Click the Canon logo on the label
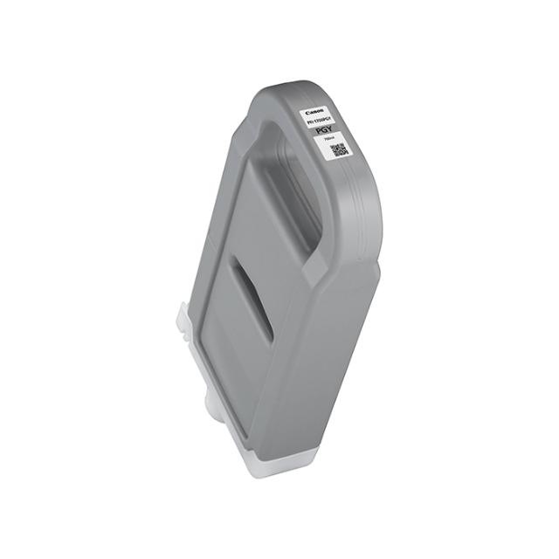coord(312,112)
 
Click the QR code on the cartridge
coord(337,150)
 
